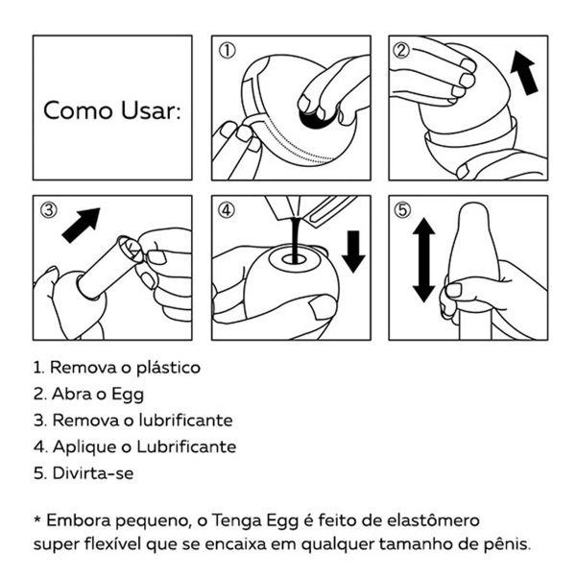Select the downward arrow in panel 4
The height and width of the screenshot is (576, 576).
tap(353, 250)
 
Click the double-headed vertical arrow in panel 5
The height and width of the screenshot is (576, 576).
tap(422, 260)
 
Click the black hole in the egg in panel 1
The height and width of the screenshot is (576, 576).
tap(313, 116)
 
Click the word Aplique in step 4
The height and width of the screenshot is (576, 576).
tap(79, 446)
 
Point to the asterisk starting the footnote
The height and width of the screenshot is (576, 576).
tap(38, 519)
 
